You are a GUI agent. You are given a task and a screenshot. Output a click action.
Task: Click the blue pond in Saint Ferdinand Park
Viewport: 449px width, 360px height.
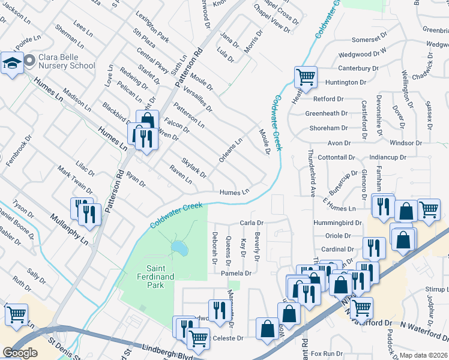[178, 247]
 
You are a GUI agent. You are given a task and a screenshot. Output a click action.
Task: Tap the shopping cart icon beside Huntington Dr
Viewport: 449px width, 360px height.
[306, 77]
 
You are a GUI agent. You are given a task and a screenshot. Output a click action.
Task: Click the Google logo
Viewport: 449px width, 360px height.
[20, 353]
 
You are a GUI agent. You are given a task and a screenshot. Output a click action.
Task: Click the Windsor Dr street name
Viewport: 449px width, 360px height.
[405, 143]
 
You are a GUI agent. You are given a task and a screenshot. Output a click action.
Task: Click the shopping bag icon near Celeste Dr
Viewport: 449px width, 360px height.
[267, 329]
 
